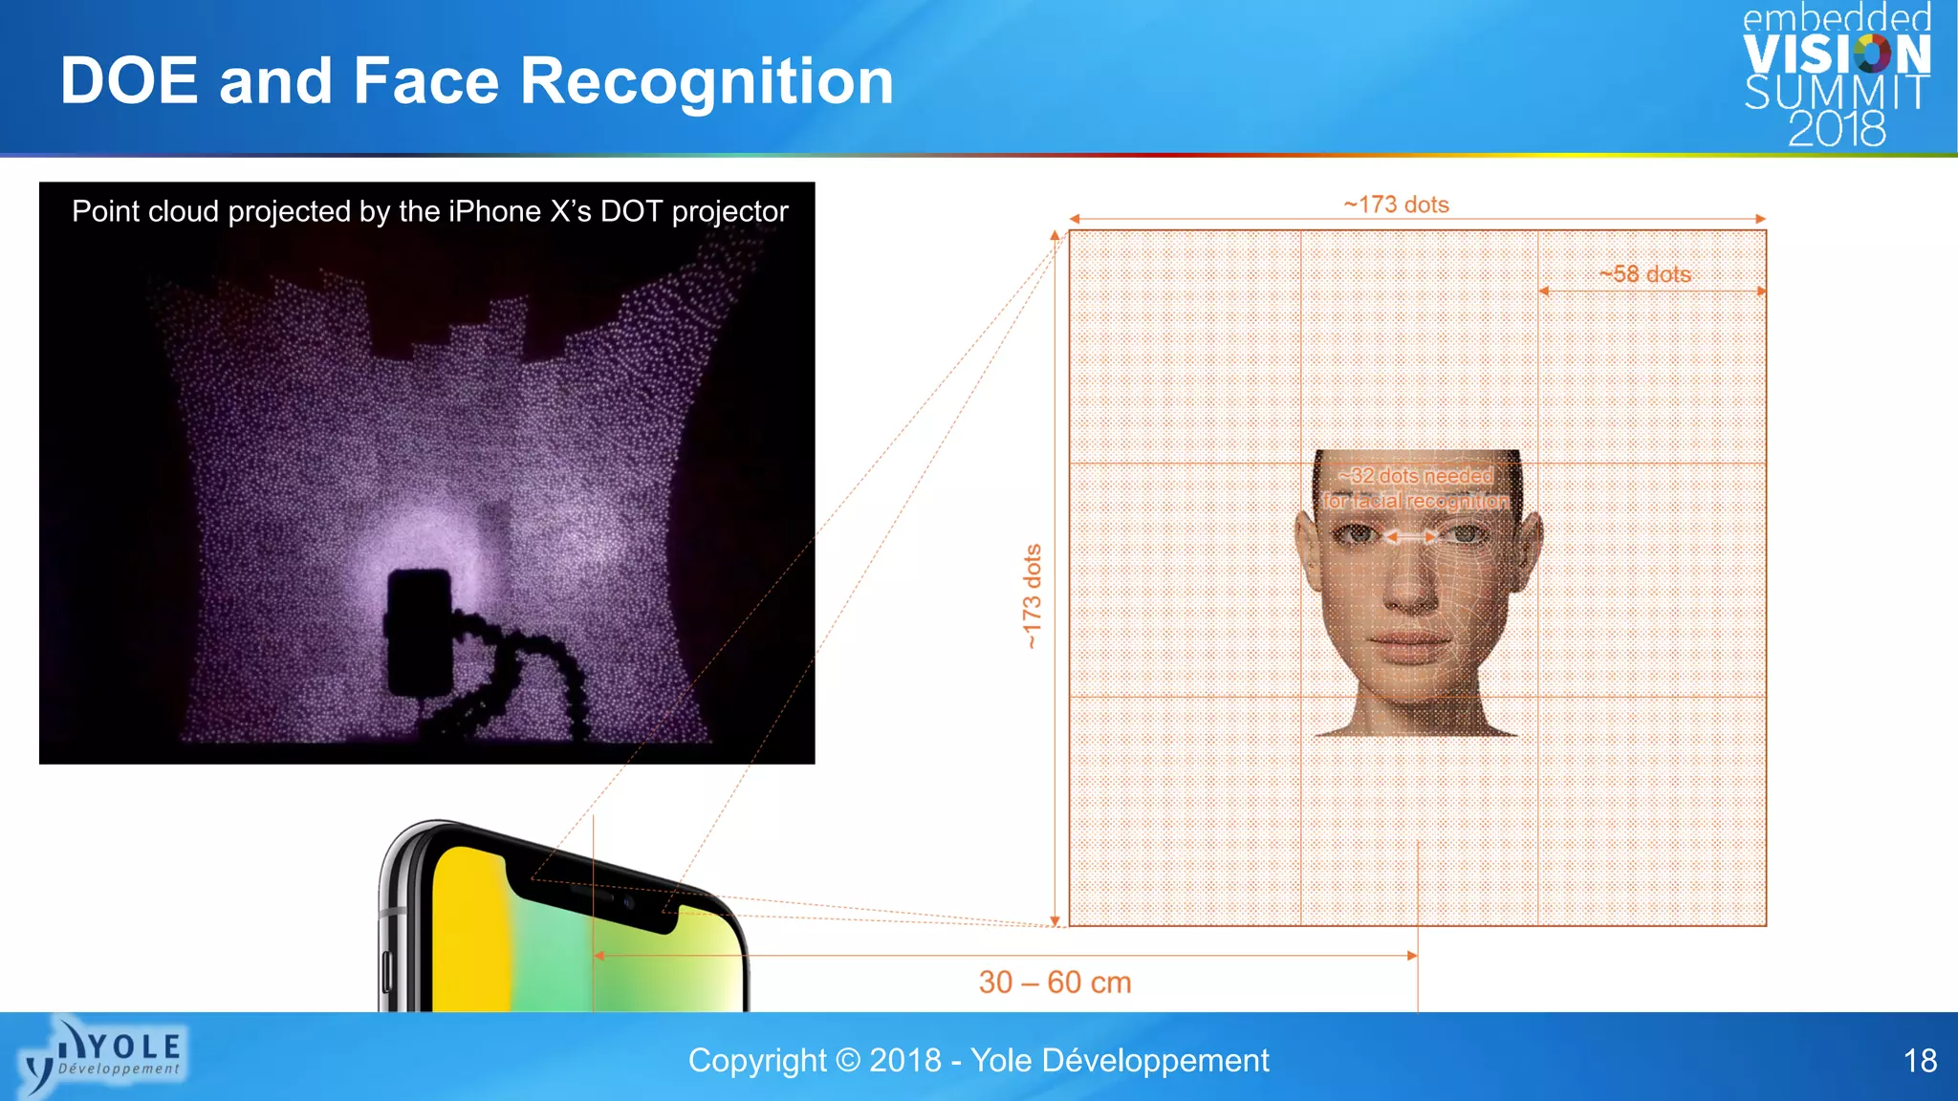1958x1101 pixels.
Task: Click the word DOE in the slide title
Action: click(x=129, y=80)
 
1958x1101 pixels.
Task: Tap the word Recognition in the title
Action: click(x=707, y=82)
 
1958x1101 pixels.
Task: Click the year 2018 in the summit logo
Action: click(x=1837, y=130)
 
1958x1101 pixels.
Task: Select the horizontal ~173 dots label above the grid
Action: click(x=1396, y=205)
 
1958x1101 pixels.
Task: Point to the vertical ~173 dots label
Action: click(x=1032, y=596)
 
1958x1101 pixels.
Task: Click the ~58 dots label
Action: click(x=1645, y=274)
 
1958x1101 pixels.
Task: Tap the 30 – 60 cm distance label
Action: click(x=1055, y=982)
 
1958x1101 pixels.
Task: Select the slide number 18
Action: click(x=1920, y=1061)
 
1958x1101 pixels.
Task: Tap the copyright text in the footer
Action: click(x=978, y=1061)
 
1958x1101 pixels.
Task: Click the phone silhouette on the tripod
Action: click(x=420, y=631)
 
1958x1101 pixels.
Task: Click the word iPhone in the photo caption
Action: click(x=495, y=211)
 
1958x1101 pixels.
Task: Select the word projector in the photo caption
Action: click(x=729, y=211)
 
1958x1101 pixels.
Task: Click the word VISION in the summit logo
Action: click(x=1837, y=55)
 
